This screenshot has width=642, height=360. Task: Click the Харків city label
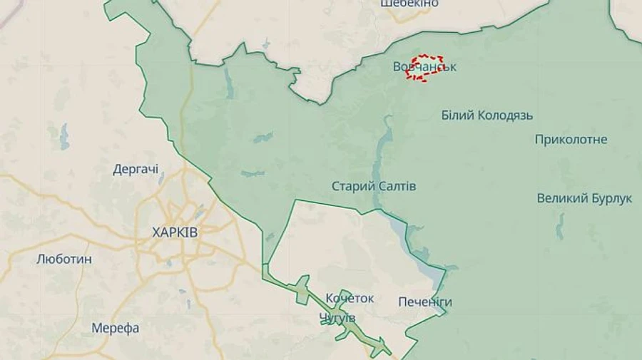(175, 232)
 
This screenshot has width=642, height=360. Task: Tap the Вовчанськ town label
(424, 67)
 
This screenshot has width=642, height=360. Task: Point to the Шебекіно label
(409, 4)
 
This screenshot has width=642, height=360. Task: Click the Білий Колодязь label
(487, 115)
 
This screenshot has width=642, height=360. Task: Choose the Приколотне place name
(571, 139)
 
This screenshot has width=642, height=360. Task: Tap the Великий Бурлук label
(584, 198)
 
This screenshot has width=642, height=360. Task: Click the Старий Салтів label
(374, 186)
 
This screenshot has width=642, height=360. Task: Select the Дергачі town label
(136, 170)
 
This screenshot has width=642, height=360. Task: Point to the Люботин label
(64, 259)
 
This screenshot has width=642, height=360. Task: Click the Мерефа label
(116, 329)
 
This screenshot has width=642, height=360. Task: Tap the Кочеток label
(350, 298)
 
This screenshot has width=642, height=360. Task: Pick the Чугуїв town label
(337, 317)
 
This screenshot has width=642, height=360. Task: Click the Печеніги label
(425, 302)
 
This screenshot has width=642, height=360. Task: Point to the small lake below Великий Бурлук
(560, 227)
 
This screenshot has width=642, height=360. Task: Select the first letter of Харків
(156, 232)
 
